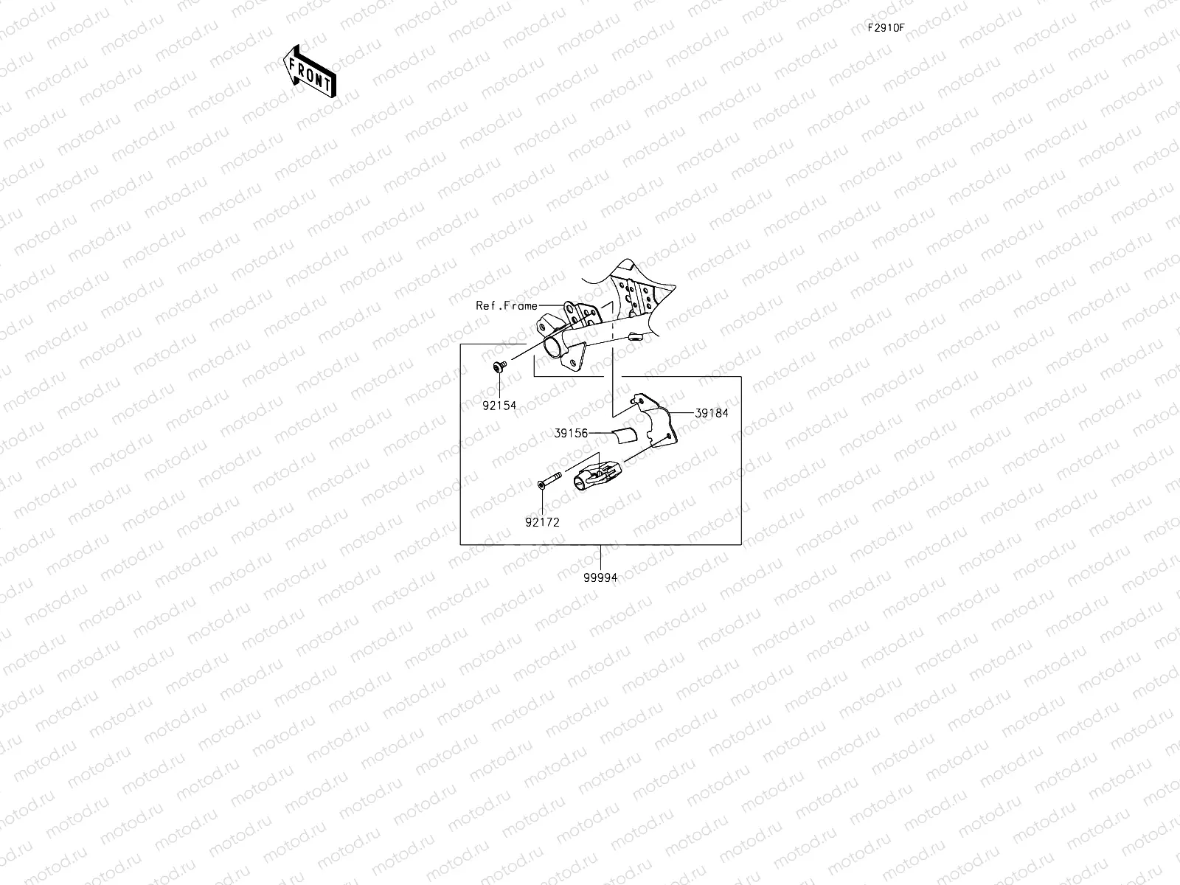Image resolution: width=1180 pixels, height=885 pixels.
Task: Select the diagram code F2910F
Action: point(886,28)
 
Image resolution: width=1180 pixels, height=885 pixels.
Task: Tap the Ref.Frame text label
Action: point(507,305)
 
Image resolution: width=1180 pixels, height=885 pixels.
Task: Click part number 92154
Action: point(499,405)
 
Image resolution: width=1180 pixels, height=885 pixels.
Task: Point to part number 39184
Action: point(711,413)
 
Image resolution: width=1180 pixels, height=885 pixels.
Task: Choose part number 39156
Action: point(571,433)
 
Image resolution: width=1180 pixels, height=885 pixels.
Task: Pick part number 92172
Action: point(542,521)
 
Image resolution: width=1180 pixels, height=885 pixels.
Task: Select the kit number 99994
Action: point(600,577)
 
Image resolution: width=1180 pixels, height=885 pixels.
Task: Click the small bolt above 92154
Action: point(498,366)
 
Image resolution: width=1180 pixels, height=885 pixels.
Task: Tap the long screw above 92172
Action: point(549,480)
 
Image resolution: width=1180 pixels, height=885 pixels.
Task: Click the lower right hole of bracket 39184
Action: point(667,437)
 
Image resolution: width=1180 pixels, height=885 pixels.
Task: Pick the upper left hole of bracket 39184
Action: point(638,403)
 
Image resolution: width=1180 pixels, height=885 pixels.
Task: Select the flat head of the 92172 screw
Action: point(540,484)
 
